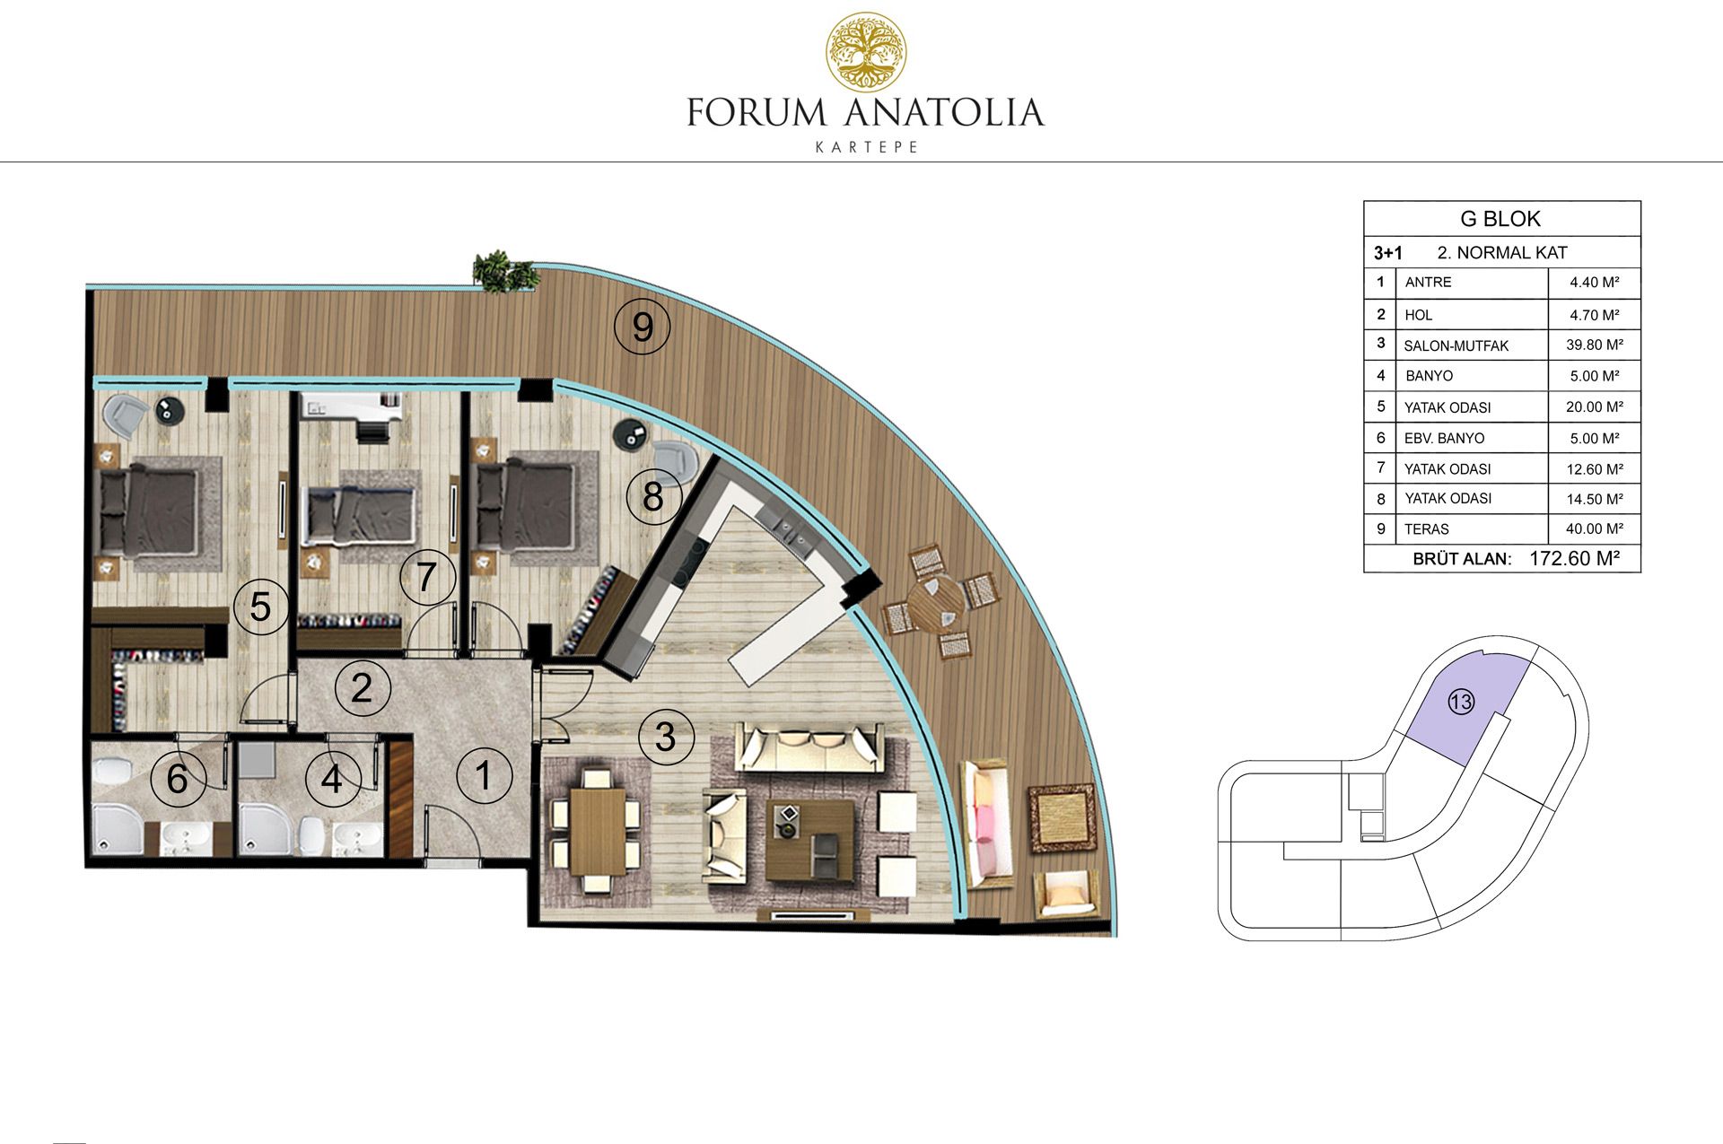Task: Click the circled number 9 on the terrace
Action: (x=643, y=327)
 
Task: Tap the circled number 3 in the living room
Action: (x=665, y=737)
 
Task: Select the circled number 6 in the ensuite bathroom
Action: (x=177, y=778)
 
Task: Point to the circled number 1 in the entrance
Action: (x=484, y=775)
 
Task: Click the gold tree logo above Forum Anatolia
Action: (x=865, y=52)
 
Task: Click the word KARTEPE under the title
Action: (x=866, y=146)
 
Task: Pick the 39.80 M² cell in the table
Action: (x=1595, y=345)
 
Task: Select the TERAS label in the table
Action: (x=1427, y=529)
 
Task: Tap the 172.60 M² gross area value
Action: (x=1574, y=558)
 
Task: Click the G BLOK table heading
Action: (x=1500, y=219)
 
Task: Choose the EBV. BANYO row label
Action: (x=1444, y=439)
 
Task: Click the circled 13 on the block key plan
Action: (x=1461, y=702)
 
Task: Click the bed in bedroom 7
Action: (x=361, y=516)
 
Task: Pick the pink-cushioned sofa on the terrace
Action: (x=986, y=823)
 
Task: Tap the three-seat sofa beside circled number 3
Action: (x=810, y=747)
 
